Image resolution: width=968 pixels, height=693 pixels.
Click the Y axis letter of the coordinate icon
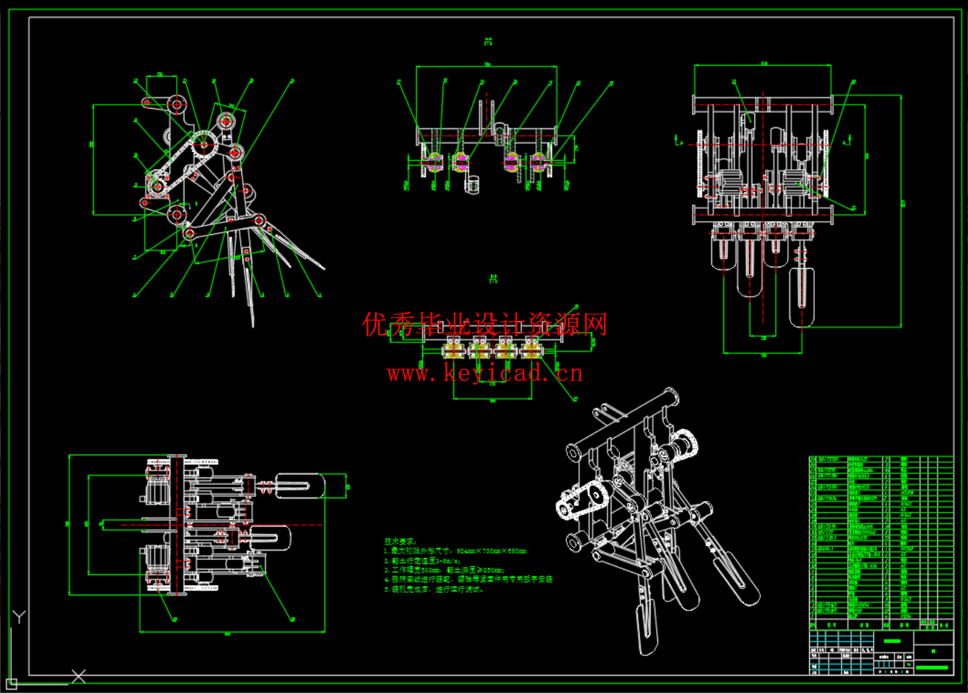[19, 617]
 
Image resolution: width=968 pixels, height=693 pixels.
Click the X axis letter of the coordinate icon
[78, 676]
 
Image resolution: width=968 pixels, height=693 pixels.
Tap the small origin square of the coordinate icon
[11, 685]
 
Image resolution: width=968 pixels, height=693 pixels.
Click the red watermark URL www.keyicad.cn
[485, 374]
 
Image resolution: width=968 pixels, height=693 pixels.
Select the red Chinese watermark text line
[485, 324]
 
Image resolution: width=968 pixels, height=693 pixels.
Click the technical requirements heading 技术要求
[400, 541]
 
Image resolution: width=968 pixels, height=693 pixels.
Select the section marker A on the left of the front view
[678, 141]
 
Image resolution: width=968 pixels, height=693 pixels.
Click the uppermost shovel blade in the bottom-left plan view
[299, 485]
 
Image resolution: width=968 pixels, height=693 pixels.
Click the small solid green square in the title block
[933, 651]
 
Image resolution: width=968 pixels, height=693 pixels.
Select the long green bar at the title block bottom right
[931, 667]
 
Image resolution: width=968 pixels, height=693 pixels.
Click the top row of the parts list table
[881, 459]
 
